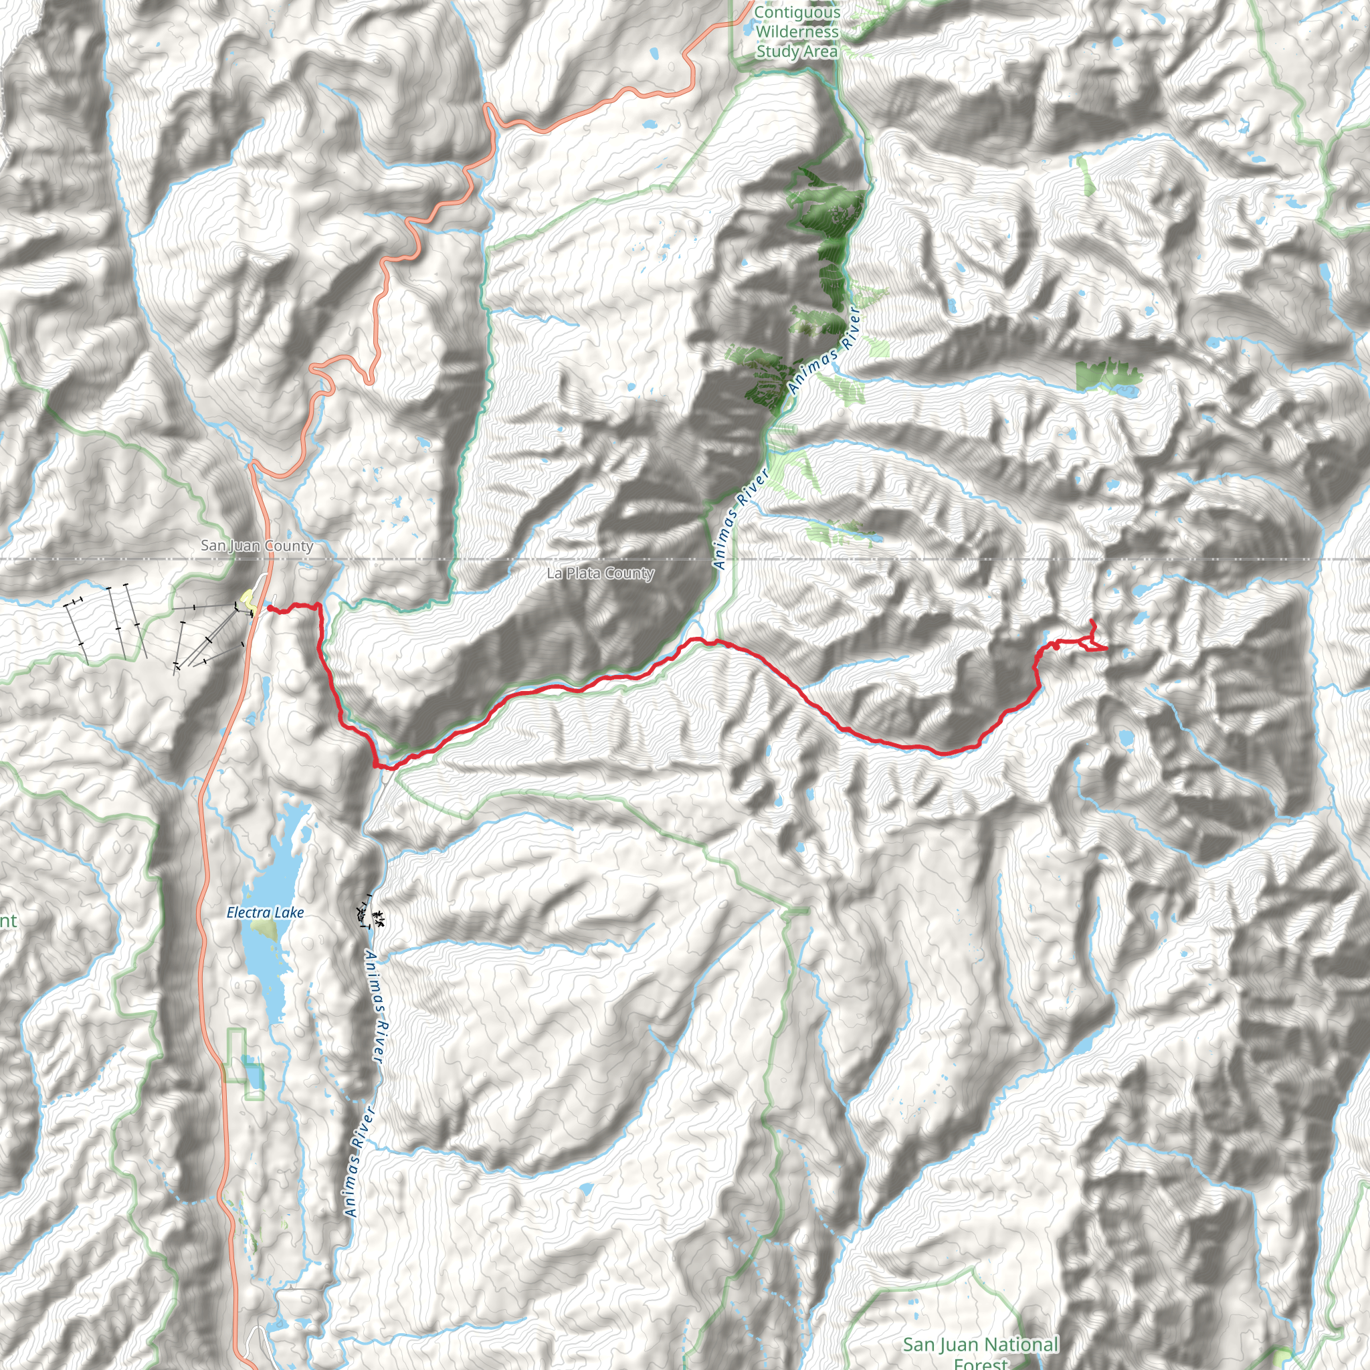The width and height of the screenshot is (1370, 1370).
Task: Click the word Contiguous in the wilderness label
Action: tap(797, 12)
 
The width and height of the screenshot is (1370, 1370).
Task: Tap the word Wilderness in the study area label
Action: tap(797, 32)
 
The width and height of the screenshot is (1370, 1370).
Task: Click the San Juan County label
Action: tap(257, 545)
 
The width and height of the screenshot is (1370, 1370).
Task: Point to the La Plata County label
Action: tap(600, 573)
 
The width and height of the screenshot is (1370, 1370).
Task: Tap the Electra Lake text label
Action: tap(265, 912)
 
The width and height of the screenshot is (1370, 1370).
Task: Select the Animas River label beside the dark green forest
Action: tap(824, 351)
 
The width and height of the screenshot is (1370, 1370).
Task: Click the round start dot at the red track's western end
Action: tap(270, 607)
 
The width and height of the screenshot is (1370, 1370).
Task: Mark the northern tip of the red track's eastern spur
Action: tap(1090, 621)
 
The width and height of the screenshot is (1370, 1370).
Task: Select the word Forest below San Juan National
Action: tap(981, 1363)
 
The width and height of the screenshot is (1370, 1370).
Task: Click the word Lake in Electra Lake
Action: tap(289, 912)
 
